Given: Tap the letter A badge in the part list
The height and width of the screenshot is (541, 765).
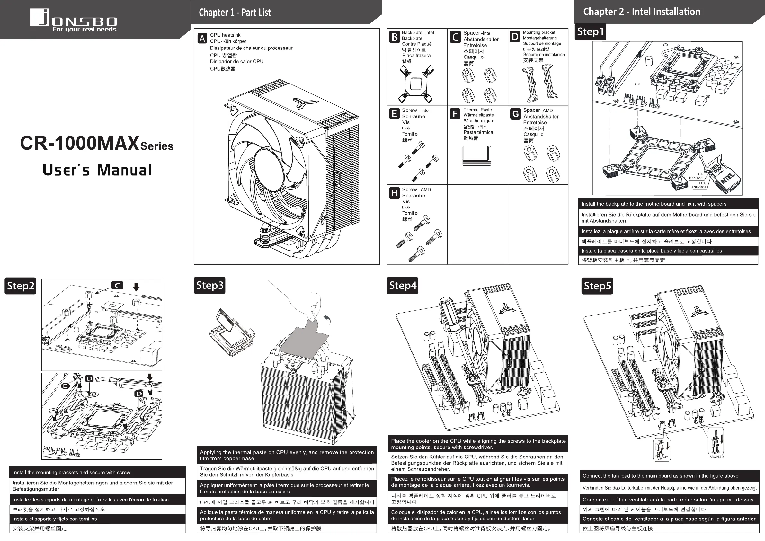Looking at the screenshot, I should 202,39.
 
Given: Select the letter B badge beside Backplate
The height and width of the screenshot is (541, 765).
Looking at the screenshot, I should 395,37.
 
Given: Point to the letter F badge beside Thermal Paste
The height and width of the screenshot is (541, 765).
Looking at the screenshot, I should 455,114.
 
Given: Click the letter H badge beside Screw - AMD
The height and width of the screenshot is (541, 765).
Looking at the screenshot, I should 395,193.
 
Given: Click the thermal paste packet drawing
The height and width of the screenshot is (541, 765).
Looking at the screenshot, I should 477,155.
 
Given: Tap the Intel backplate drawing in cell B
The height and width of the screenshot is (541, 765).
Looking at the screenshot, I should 416,84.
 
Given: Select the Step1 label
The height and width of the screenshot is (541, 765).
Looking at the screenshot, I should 591,32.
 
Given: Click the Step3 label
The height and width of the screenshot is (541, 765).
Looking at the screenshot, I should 209,286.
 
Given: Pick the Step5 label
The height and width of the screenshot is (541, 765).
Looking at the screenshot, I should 597,286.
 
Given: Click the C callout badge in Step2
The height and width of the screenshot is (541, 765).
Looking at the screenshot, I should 117,286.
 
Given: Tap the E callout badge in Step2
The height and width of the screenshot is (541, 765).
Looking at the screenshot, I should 65,386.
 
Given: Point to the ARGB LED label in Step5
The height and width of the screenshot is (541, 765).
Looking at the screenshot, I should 716,457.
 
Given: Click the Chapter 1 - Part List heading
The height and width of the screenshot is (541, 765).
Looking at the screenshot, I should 235,13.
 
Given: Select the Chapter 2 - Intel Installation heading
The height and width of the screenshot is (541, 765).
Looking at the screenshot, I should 641,12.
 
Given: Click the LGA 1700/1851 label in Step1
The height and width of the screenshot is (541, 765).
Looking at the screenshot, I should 699,185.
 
